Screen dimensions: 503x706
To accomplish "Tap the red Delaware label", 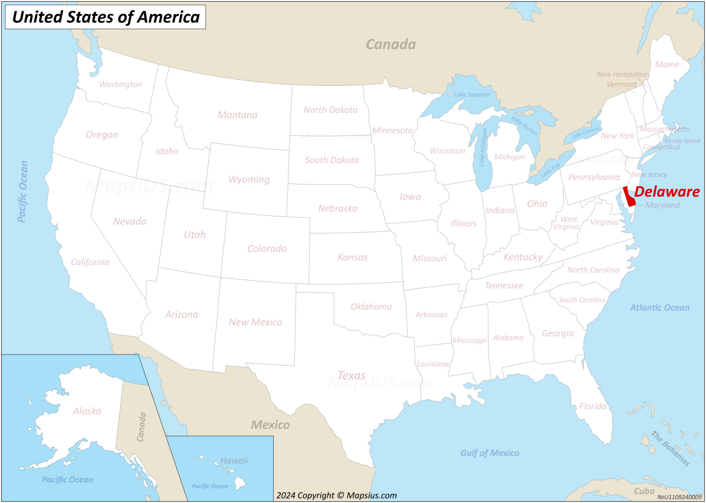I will coord(666,192).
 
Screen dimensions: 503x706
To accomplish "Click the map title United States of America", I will coord(105,17).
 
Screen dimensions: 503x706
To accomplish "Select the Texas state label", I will coord(351,376).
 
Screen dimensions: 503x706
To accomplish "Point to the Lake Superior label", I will coord(472,94).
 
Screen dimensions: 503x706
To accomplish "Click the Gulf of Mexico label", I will coord(489,453).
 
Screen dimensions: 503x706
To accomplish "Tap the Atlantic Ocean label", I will coord(659,308).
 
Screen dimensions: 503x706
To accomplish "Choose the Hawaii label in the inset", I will coord(234,461).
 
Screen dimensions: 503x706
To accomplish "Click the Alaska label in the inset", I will coord(87,411).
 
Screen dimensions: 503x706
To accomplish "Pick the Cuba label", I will coord(644,491).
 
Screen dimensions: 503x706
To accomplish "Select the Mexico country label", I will coord(270,425).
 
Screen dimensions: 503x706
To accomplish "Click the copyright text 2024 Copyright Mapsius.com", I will coord(336,496).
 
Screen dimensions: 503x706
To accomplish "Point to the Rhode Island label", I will coord(682,141).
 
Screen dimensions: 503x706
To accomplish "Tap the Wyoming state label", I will coord(248,179).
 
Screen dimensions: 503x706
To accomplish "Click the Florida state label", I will coord(593,406).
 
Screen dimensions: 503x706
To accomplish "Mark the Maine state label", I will coord(667,64).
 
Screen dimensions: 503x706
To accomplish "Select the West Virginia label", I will coord(567,223).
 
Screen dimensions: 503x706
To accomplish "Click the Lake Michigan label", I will coord(484,147).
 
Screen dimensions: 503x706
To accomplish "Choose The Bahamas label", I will coord(671,448).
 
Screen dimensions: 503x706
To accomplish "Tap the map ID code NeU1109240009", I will coord(679,497).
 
